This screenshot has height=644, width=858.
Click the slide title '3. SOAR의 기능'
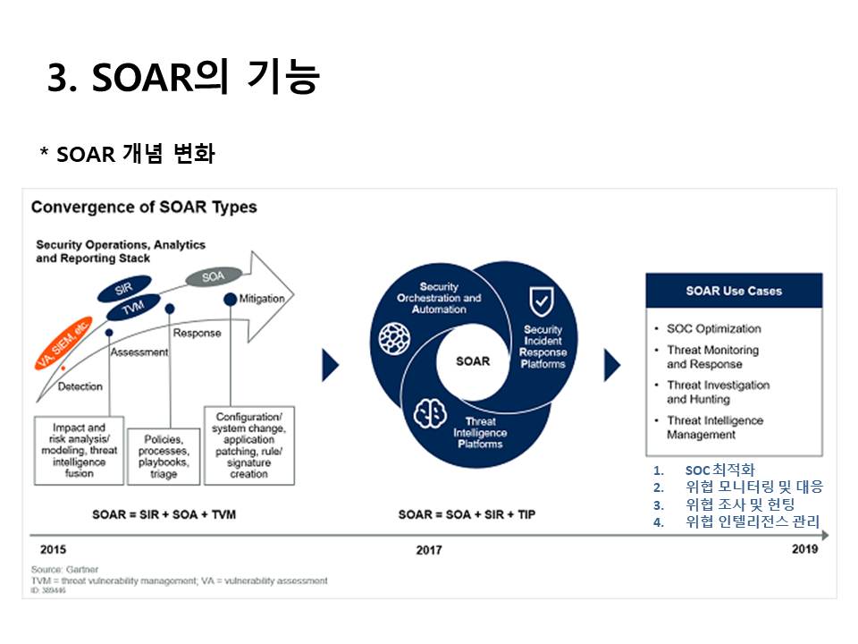183,78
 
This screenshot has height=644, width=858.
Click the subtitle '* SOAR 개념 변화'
127,154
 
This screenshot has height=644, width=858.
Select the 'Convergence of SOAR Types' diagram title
144,208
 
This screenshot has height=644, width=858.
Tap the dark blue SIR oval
124,290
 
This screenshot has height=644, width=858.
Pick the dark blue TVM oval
130,309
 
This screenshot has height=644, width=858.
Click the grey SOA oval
213,277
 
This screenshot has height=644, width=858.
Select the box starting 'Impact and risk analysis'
79,449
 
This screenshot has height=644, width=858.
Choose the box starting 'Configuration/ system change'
249,445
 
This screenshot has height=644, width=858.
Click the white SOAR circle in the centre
473,361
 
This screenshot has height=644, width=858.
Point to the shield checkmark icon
542,302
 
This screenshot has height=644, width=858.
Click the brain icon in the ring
430,412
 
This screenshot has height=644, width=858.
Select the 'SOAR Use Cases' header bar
734,291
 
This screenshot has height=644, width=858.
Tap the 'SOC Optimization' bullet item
713,328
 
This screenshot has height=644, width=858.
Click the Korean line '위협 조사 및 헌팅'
739,504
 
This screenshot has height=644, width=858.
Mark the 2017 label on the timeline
428,550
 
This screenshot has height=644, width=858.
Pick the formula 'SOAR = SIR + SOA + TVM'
164,515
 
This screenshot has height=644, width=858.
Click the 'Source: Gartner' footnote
64,569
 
